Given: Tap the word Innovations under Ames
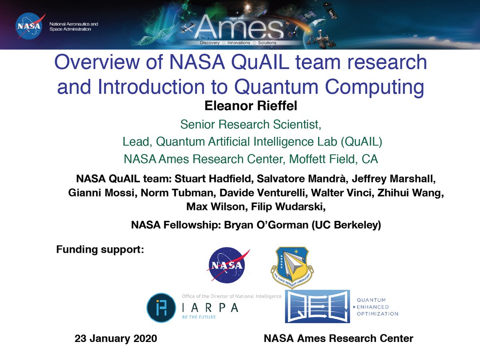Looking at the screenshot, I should [238, 43].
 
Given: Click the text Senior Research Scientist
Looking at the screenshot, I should [250, 125].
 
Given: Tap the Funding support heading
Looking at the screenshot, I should [100, 250].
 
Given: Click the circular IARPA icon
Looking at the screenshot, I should [161, 308].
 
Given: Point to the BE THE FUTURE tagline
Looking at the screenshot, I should [198, 317].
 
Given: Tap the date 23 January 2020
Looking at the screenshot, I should [116, 338].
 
